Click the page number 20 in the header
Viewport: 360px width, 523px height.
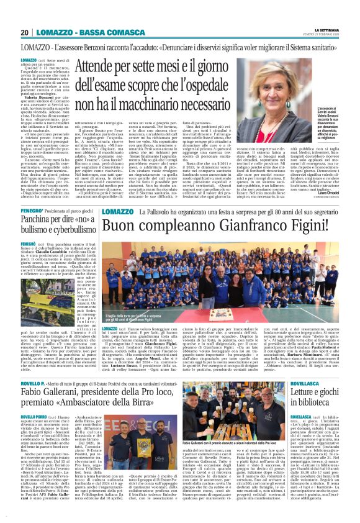(25, 32)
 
